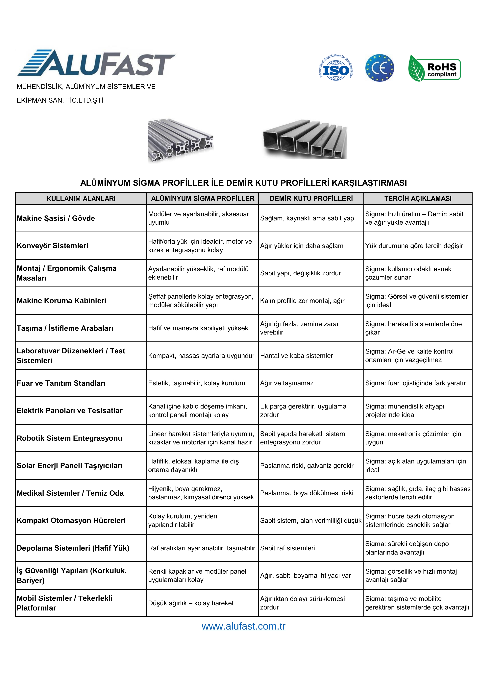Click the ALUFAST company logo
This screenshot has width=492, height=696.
coord(96,63)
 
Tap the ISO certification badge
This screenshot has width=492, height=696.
coord(336,68)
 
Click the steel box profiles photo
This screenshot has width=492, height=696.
coord(305,139)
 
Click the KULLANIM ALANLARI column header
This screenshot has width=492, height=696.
coord(81,199)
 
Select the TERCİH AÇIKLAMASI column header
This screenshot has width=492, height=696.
coord(418,199)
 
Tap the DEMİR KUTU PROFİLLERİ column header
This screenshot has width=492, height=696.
coord(311,199)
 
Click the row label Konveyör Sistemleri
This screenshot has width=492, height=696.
coord(52,246)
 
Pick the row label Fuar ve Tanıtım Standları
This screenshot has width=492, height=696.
coord(61,383)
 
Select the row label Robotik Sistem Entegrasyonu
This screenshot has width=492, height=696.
coord(69,438)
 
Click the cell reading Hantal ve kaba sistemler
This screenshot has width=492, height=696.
coord(296,356)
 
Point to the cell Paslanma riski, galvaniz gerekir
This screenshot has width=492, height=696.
coord(307,466)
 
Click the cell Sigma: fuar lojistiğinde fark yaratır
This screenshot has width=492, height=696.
coord(415,383)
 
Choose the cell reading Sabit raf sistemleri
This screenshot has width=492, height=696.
coord(287,548)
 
